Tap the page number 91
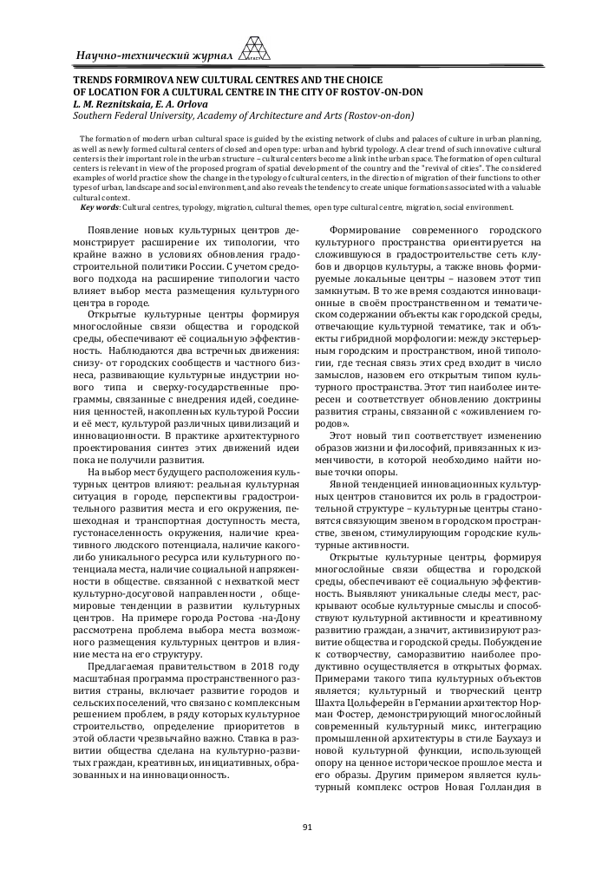click(307, 827)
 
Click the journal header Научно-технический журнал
click(156, 56)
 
